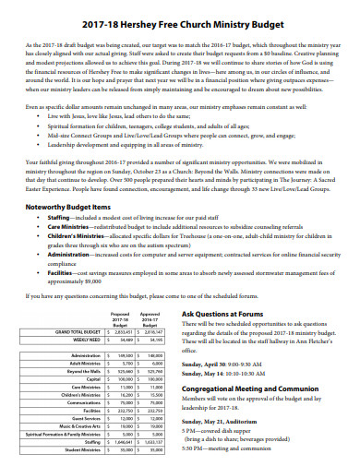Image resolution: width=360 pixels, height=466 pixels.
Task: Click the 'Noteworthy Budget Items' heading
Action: tap(68, 207)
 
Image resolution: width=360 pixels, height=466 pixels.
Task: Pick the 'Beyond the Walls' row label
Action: tap(82, 370)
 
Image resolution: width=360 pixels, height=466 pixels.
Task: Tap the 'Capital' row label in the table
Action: tap(93, 378)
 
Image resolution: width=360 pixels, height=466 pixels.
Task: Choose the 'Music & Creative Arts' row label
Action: tap(78, 426)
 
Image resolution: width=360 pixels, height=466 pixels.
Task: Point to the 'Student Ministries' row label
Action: tap(81, 450)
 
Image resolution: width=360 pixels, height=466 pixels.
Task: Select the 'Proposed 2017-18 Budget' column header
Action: tap(120, 318)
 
